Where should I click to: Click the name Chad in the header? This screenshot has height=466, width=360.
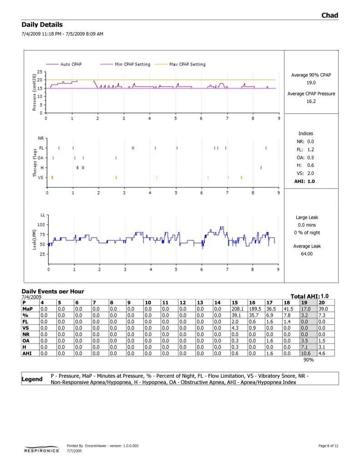(x=330, y=15)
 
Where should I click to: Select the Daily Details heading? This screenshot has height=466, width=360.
(x=42, y=25)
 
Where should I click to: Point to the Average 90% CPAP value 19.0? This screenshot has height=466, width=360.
(x=311, y=83)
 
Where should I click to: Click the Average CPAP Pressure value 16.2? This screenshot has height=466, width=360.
(x=311, y=101)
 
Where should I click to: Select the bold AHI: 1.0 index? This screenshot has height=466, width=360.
(x=304, y=181)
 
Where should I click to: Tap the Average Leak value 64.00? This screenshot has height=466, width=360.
(x=307, y=254)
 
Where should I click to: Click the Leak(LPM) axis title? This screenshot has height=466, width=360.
(x=34, y=239)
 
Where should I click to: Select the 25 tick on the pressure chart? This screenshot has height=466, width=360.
(x=40, y=72)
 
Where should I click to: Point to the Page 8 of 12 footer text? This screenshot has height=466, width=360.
(x=328, y=446)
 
